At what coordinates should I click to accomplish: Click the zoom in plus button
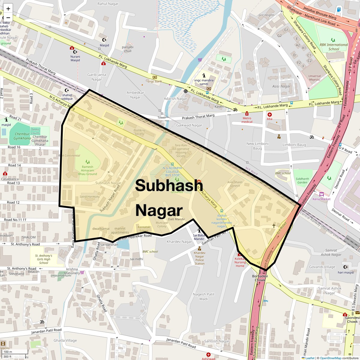coord(8,8)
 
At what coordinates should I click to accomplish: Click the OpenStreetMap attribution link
coord(330,358)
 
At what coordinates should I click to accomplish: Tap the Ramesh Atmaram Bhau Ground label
coord(87,170)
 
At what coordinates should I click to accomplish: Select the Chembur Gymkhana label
coord(22,136)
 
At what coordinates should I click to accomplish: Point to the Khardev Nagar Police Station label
coord(199,258)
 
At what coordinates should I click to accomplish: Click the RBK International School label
coord(334,47)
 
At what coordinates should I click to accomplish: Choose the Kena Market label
coord(321,199)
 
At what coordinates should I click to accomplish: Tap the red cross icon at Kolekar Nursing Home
coord(239,254)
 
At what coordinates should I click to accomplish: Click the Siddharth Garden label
coord(302,181)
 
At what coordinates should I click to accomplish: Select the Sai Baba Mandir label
coord(199,237)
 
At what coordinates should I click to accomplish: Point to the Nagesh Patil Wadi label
coord(203,296)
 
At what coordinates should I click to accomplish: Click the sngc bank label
coord(155,81)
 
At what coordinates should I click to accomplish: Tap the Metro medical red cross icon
coord(247,114)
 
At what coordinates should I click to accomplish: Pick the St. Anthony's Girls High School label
coord(43,259)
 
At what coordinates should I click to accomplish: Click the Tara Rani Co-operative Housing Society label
coord(181,151)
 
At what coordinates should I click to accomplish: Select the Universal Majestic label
coord(314,78)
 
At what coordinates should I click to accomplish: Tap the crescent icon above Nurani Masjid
coord(75,52)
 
